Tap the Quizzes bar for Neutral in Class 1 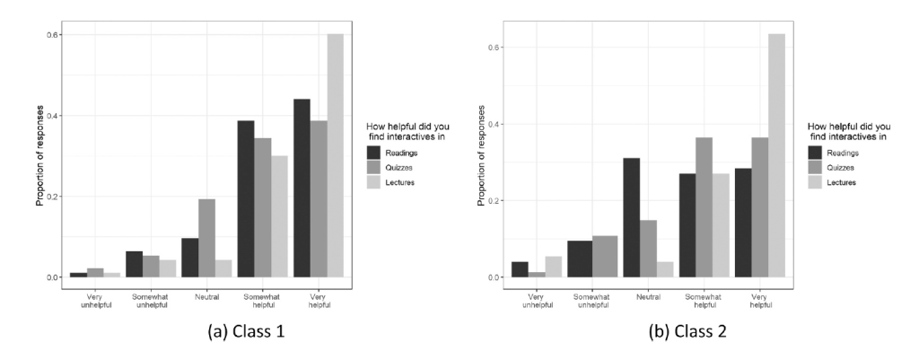click(206, 238)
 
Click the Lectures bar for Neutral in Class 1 click(223, 268)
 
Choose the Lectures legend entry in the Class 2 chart click(839, 181)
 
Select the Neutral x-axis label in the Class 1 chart click(206, 295)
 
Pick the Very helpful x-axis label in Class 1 click(319, 300)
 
